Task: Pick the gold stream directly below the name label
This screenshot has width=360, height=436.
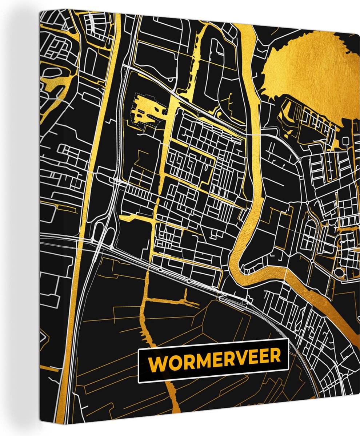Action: pos(171,396)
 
